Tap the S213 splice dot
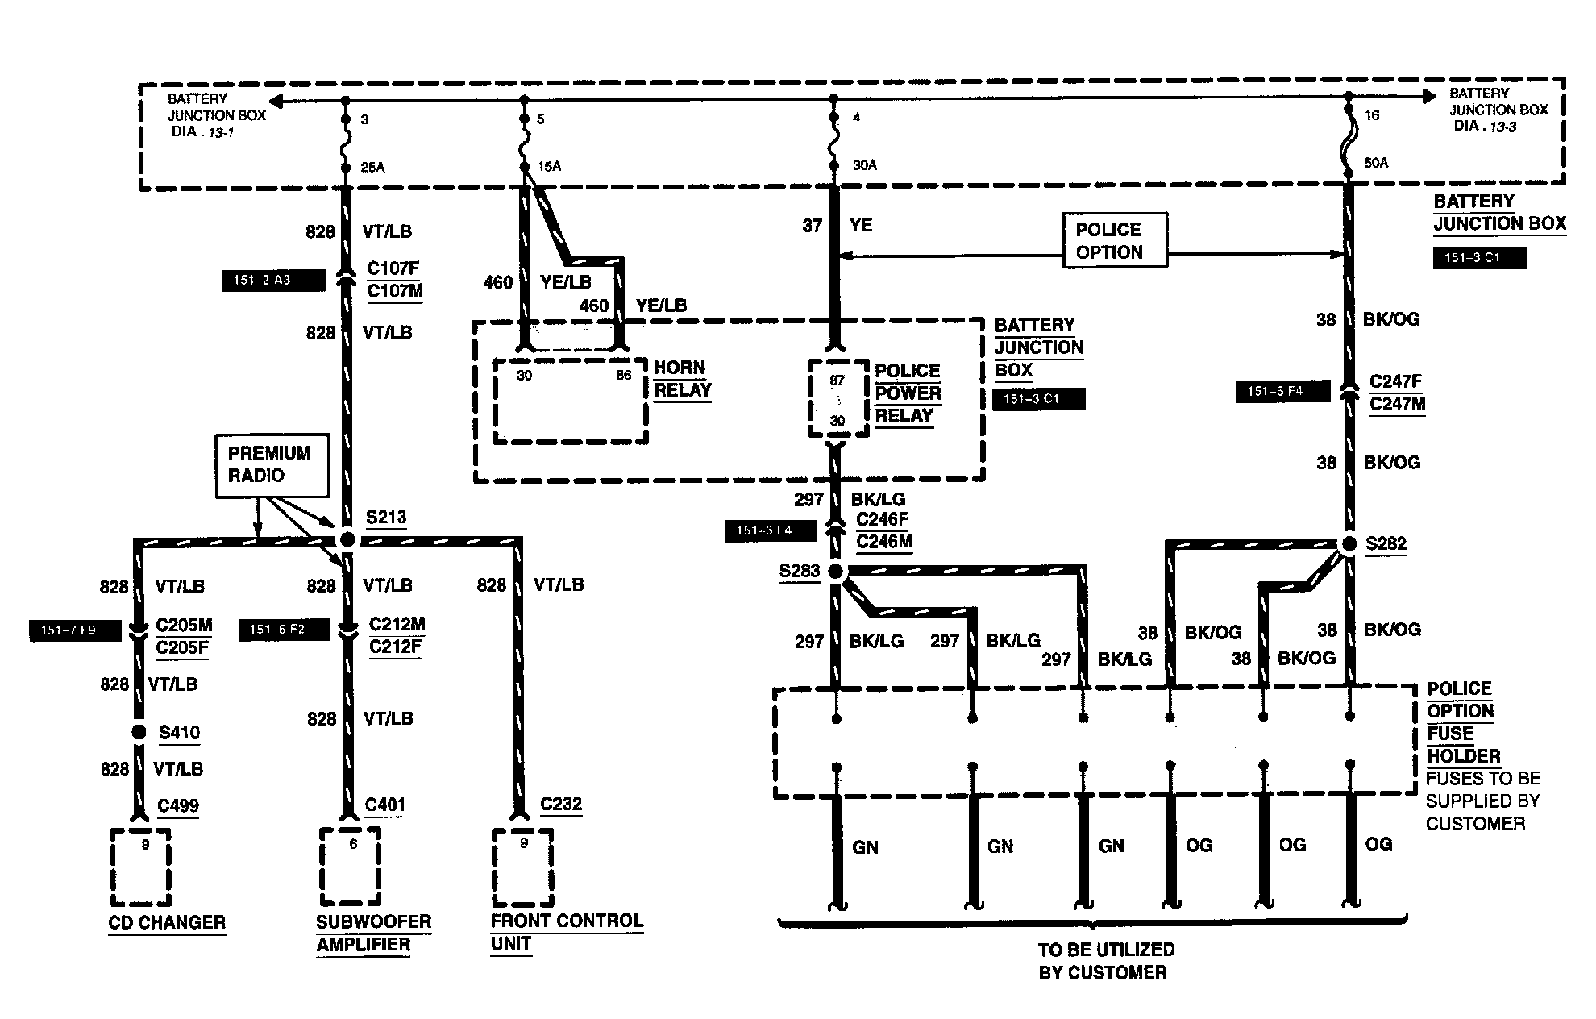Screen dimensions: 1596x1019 347,539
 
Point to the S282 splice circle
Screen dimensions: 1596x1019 1348,546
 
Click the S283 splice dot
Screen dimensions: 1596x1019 836,572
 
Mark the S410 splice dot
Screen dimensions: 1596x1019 139,732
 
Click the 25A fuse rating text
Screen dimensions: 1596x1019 373,168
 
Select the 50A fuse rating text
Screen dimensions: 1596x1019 1376,163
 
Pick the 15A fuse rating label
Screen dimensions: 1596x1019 549,167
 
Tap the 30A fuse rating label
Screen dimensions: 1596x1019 864,165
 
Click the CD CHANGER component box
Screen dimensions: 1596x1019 141,867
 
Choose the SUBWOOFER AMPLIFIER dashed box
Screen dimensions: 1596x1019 350,867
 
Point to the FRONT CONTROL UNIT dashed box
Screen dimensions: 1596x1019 523,867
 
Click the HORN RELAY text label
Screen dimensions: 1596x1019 683,379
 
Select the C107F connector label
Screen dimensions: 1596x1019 393,268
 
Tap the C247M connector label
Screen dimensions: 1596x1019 1398,404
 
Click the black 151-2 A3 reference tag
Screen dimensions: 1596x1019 274,281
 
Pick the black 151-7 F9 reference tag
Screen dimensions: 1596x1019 75,630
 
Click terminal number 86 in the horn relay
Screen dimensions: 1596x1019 624,376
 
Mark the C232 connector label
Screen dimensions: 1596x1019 561,805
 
